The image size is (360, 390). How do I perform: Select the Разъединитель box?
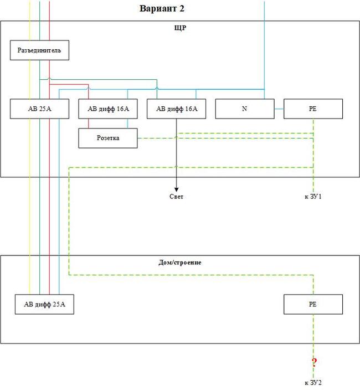point(40,51)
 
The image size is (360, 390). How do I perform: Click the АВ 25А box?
point(40,109)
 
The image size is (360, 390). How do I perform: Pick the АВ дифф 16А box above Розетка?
point(108,109)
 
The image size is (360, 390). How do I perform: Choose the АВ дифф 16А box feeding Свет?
point(176,109)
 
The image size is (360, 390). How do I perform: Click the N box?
point(244,109)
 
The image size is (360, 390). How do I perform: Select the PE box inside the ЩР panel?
point(313,109)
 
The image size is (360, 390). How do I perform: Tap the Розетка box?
point(108,138)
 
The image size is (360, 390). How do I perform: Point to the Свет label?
point(176,197)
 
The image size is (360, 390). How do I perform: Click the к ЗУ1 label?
point(313,197)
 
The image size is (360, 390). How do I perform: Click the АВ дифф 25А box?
point(45,304)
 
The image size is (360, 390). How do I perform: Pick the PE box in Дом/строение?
point(313,304)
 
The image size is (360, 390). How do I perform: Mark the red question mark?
point(314,363)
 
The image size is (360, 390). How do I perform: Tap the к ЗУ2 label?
point(313,383)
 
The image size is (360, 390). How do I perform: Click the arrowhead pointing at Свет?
point(176,188)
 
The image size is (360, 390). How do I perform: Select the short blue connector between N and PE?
point(279,109)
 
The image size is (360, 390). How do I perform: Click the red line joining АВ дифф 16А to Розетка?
point(89,123)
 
